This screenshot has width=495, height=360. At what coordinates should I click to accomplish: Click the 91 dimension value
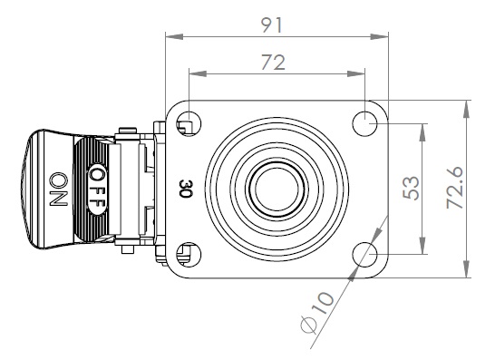(x=271, y=25)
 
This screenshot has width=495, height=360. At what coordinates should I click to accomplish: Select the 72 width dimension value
(x=273, y=63)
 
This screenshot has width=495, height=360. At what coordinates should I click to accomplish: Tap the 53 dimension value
(x=412, y=188)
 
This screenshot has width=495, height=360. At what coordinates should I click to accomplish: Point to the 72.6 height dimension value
(x=454, y=188)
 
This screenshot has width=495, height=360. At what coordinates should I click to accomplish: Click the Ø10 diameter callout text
(x=316, y=313)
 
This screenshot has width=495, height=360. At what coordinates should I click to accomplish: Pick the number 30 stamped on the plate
(x=186, y=189)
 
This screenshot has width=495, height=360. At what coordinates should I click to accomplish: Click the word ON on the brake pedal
(x=59, y=189)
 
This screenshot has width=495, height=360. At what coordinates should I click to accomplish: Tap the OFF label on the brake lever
(x=97, y=189)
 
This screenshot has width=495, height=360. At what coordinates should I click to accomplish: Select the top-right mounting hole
(x=364, y=123)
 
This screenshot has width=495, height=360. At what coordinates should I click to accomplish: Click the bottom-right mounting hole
(x=364, y=254)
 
